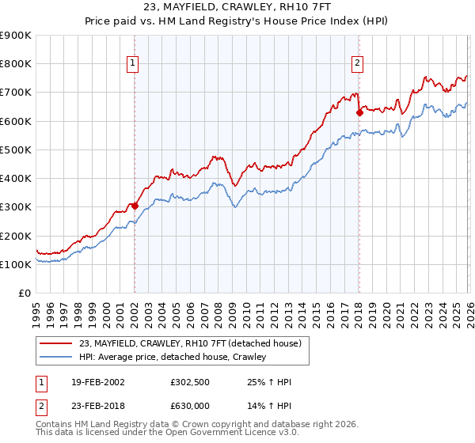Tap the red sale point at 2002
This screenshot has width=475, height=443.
135,206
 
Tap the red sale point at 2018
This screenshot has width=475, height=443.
359,112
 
